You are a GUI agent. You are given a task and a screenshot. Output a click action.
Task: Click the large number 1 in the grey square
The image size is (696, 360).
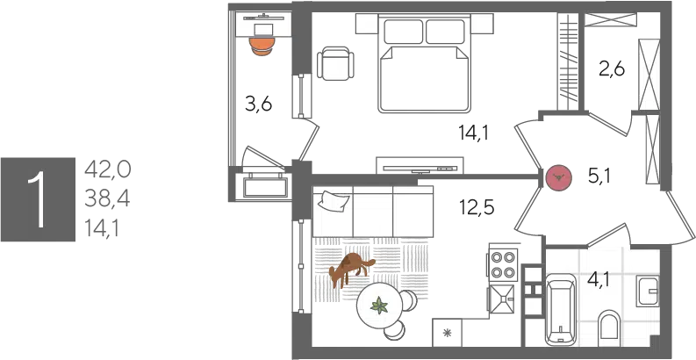point(37,200)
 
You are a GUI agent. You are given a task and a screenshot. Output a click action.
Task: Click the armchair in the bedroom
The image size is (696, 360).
point(338,62)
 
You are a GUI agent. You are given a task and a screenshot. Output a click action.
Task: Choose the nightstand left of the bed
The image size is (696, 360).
point(368,24)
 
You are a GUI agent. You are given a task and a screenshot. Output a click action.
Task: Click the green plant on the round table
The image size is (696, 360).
point(380,306)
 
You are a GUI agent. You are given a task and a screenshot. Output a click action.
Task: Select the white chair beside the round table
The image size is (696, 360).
point(407,300)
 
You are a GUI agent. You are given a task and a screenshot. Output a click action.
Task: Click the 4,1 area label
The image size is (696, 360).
point(599,281)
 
